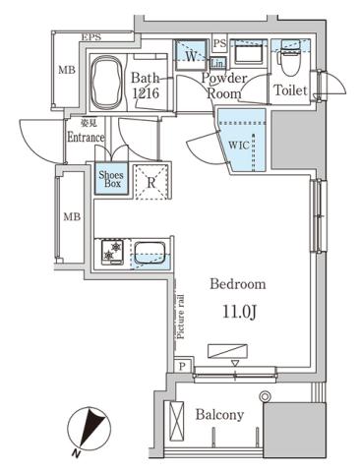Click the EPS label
pyautogui.click(x=91, y=37)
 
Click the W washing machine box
pyautogui.click(x=189, y=56)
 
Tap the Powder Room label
pyautogui.click(x=222, y=85)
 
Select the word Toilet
pyautogui.click(x=291, y=90)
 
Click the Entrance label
pyautogui.click(x=85, y=137)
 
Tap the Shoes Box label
pyautogui.click(x=110, y=180)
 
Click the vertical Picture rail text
pyautogui.click(x=183, y=315)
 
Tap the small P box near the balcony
pyautogui.click(x=183, y=366)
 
